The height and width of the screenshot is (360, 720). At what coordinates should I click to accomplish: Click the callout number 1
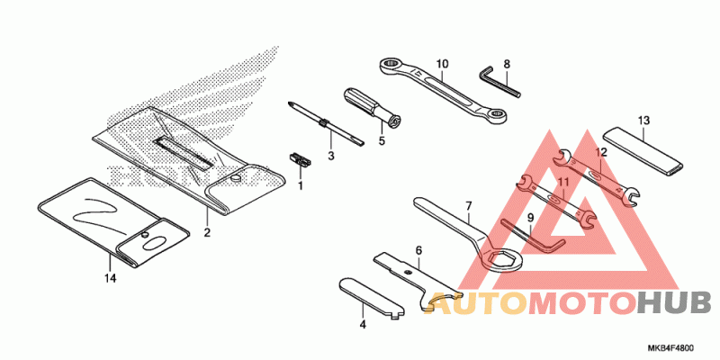point(301,185)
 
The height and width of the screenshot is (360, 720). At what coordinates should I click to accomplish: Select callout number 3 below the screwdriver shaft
point(330,156)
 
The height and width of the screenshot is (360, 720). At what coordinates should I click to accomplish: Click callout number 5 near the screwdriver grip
point(381,140)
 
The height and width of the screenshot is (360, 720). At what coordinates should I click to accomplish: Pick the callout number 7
point(468,206)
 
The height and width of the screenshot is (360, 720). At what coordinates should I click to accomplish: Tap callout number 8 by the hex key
point(507,65)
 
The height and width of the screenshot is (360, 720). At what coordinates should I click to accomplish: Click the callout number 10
point(442,64)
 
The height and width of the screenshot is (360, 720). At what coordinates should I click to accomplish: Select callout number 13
point(643,120)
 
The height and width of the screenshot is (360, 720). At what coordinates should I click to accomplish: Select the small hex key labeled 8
point(500,79)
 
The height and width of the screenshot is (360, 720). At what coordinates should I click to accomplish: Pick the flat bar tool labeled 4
point(368,296)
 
